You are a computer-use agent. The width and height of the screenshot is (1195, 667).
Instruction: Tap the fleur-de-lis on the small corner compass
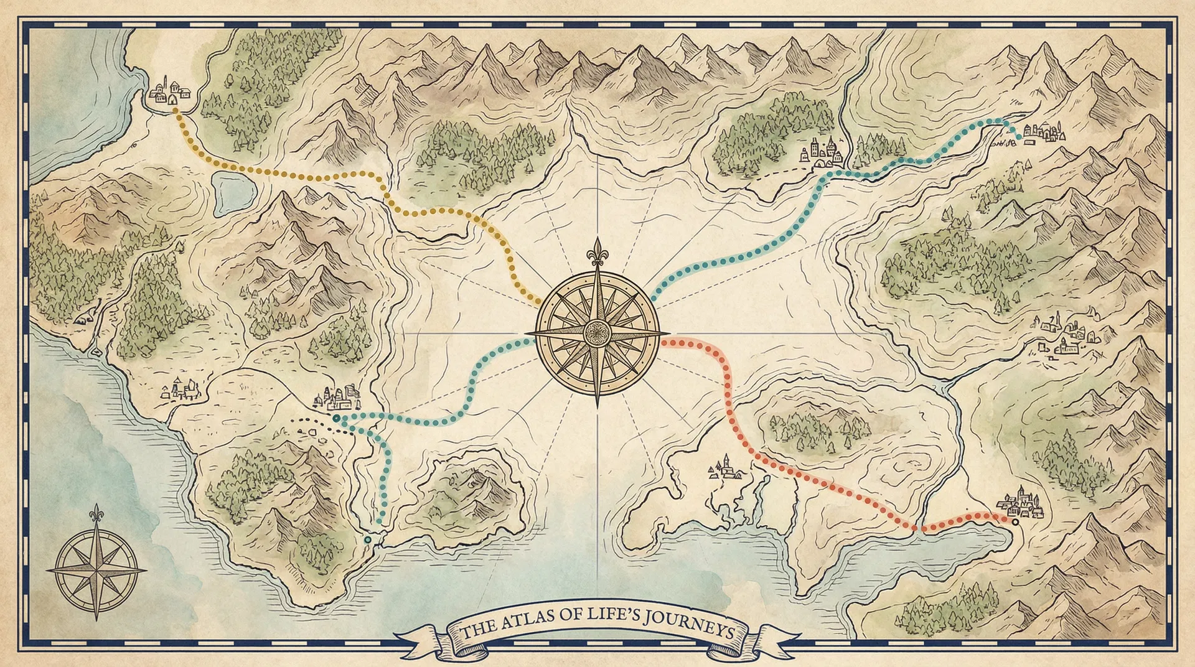pos(96,514)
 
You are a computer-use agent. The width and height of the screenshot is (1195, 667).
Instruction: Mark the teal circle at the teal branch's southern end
pos(368,539)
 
